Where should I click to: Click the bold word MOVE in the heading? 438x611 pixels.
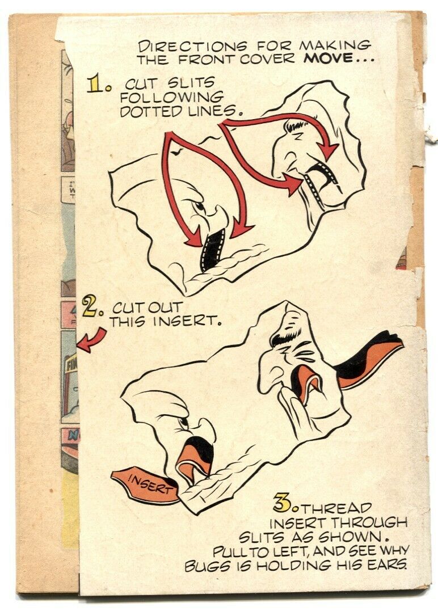click(330, 59)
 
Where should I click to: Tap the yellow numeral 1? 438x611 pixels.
click(95, 84)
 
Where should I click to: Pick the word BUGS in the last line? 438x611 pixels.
click(206, 566)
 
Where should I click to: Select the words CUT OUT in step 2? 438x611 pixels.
click(148, 308)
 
